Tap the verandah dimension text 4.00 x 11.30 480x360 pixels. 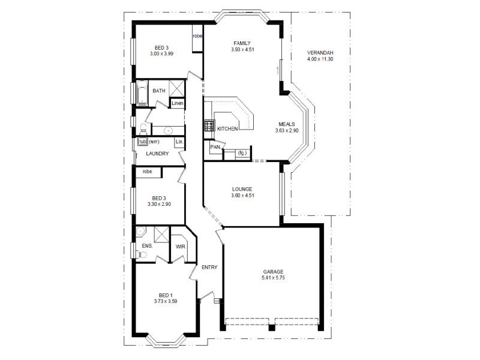click(319, 59)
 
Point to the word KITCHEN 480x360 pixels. click(228, 129)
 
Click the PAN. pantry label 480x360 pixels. click(215, 146)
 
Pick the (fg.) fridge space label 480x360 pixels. click(242, 154)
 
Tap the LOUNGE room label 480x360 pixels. click(242, 189)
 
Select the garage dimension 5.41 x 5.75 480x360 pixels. click(272, 278)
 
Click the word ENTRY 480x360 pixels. click(209, 268)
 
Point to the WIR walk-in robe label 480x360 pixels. click(180, 247)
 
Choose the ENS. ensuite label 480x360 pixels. click(147, 246)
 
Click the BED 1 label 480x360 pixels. click(166, 295)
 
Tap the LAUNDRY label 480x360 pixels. click(157, 154)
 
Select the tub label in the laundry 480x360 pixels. click(143, 142)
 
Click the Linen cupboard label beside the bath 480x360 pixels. click(177, 103)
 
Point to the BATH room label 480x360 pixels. click(158, 91)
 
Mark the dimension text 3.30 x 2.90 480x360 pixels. click(159, 204)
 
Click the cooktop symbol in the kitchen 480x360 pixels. click(209, 127)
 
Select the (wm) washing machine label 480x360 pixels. click(154, 142)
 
